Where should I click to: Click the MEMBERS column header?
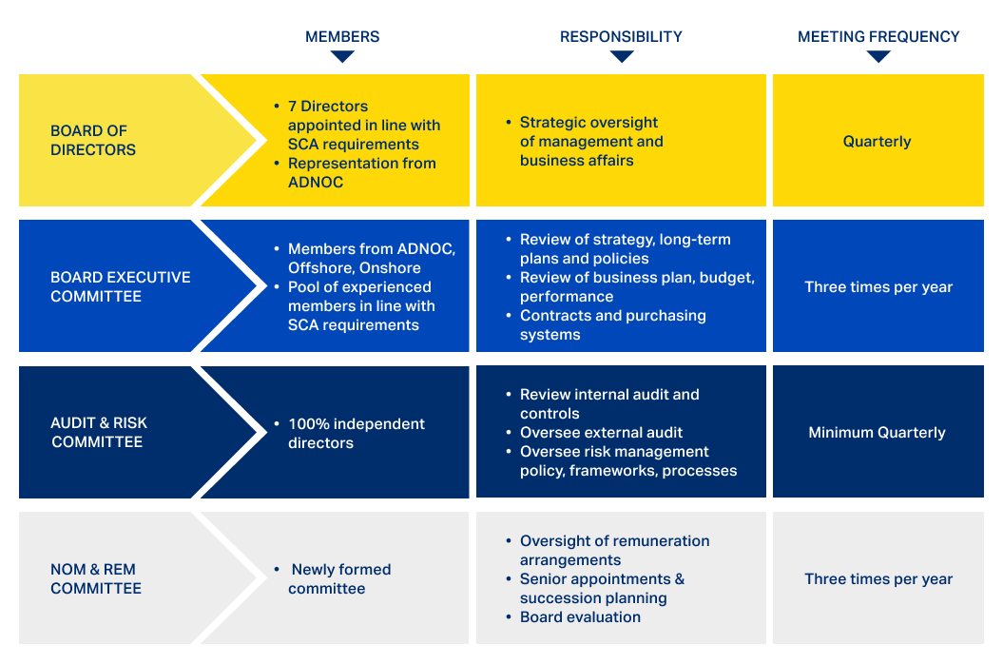[342, 37]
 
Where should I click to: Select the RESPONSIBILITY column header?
[621, 37]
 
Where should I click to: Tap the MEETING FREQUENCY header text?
[878, 37]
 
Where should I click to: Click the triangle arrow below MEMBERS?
[342, 56]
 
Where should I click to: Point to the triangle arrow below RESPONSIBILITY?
[622, 56]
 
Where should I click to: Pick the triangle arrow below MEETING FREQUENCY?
[878, 56]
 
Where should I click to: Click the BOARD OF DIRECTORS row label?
[93, 140]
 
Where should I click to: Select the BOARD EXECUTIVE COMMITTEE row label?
[120, 286]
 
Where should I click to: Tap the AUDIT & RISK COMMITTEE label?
[98, 432]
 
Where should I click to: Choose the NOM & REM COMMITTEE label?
[95, 578]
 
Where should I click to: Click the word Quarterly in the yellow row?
[877, 142]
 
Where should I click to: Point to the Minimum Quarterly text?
[877, 433]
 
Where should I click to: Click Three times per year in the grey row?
[878, 578]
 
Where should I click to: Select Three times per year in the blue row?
[878, 286]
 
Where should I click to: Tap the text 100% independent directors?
[356, 433]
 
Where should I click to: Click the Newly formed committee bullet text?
[339, 578]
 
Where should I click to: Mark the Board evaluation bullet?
[580, 617]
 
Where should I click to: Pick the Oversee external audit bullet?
[601, 433]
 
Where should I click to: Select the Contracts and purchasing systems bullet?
[612, 324]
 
